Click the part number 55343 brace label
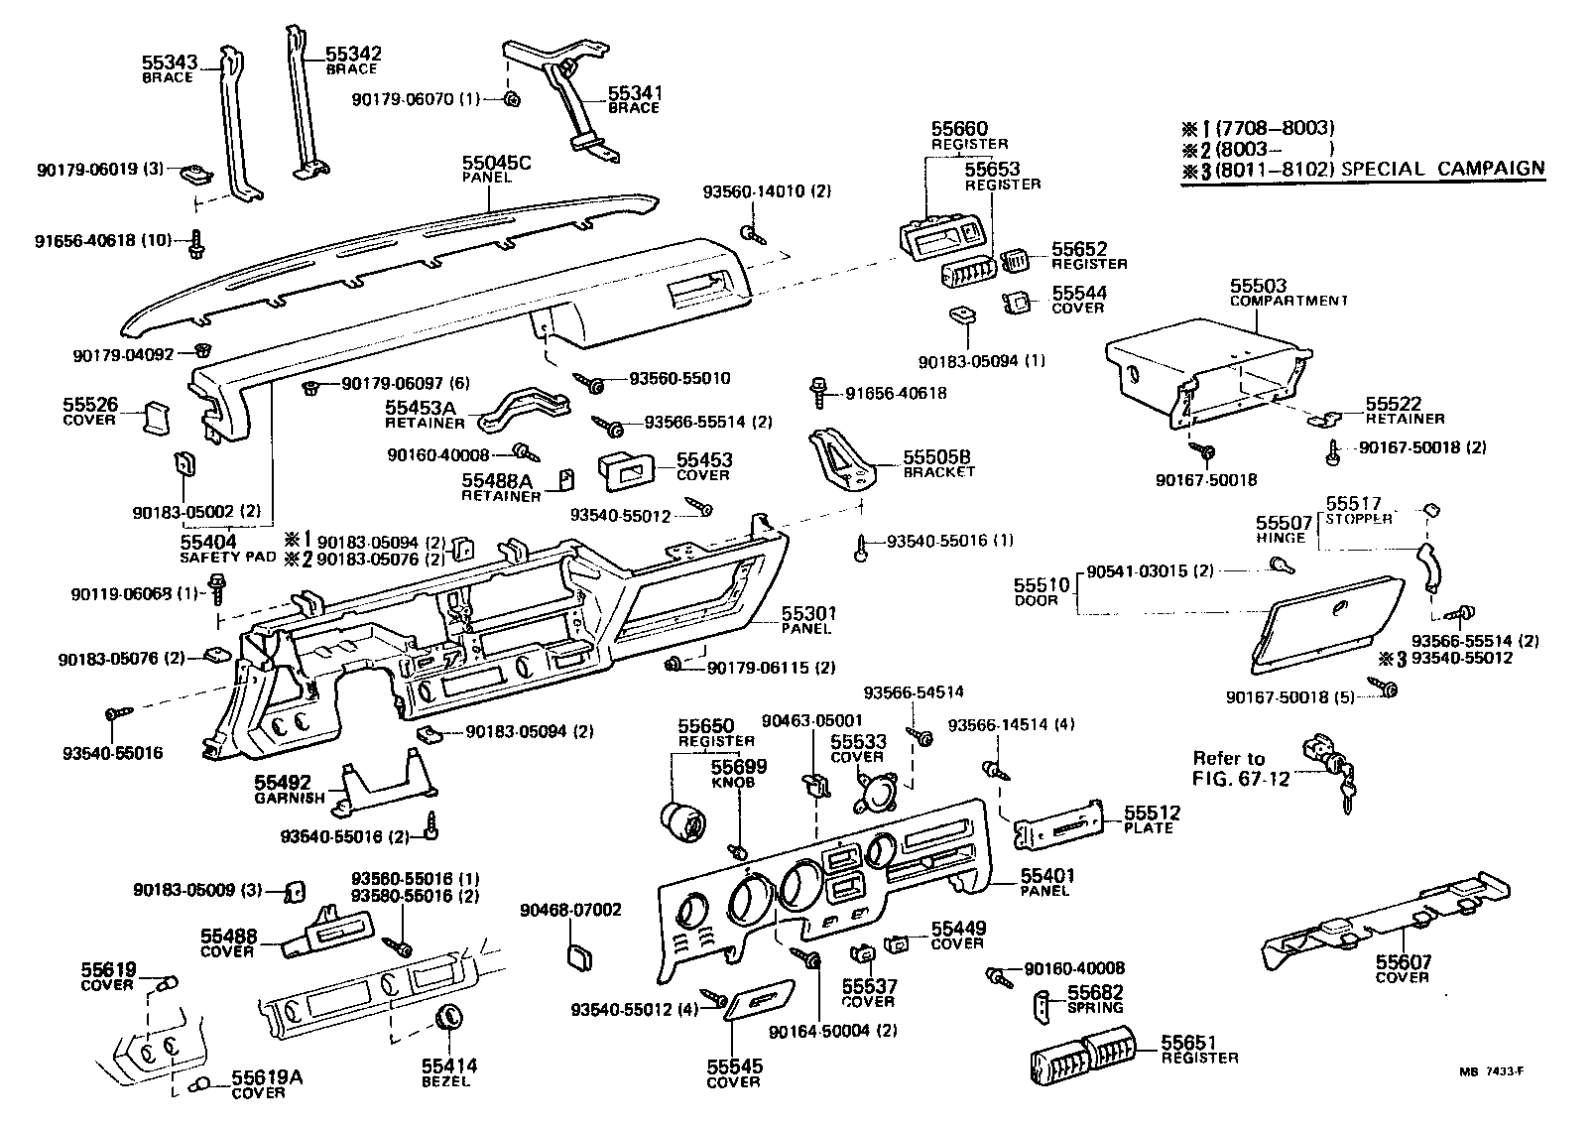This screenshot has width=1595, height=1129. coord(171,63)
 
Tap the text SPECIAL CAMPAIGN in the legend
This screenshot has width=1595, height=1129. coord(1442,169)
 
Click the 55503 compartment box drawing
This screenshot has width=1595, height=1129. coord(1205,374)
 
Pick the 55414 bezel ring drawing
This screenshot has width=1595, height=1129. coord(450,1018)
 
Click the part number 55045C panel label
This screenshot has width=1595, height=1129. coord(497,162)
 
